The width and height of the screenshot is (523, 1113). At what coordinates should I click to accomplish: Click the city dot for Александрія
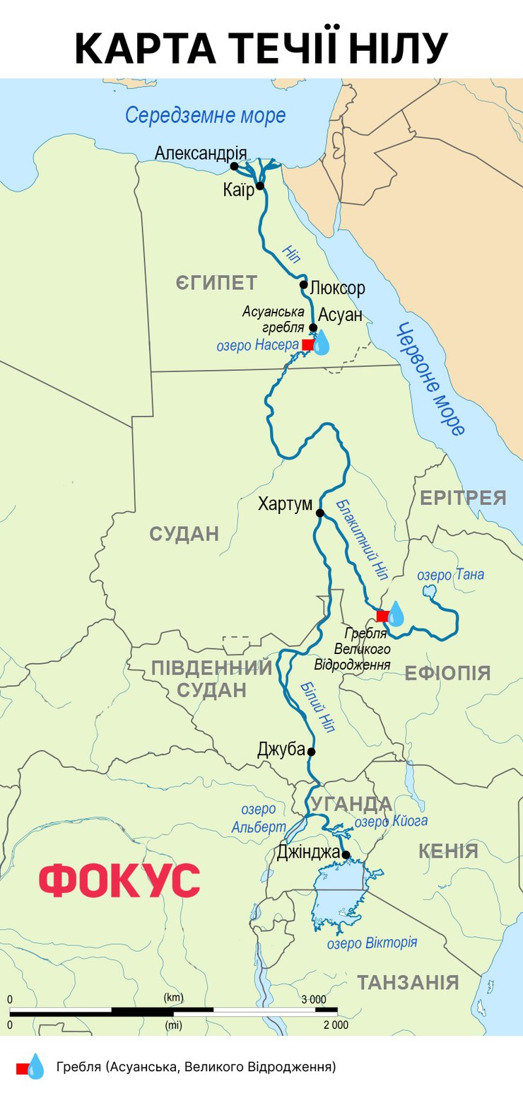234,166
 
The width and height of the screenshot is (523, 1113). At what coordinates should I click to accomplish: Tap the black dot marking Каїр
260,186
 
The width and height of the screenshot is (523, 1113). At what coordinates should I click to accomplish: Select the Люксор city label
337,288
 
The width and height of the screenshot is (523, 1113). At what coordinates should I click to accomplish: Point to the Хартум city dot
319,513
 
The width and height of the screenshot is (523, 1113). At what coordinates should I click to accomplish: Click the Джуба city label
281,750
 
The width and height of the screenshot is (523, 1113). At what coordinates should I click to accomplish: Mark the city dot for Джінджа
346,855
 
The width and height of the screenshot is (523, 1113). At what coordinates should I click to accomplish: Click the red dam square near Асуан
307,344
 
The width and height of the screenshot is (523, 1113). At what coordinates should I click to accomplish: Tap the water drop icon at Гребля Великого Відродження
396,614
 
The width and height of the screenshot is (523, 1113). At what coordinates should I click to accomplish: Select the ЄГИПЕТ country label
216,284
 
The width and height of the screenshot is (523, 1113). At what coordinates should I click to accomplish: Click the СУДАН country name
184,534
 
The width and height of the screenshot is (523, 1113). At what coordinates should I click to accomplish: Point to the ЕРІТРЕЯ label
463,498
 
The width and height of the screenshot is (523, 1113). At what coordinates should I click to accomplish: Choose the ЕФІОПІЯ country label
447,672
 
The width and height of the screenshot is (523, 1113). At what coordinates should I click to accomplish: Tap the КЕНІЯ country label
448,851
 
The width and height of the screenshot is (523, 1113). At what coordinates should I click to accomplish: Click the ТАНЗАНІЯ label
408,982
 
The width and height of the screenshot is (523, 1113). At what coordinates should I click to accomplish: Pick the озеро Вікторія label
372,943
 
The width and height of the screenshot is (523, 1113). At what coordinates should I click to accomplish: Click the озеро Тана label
450,575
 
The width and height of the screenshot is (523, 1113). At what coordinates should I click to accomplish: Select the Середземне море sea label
206,115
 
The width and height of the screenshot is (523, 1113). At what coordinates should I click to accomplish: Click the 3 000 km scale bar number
314,999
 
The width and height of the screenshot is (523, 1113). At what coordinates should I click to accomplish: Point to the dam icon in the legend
30,1066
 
